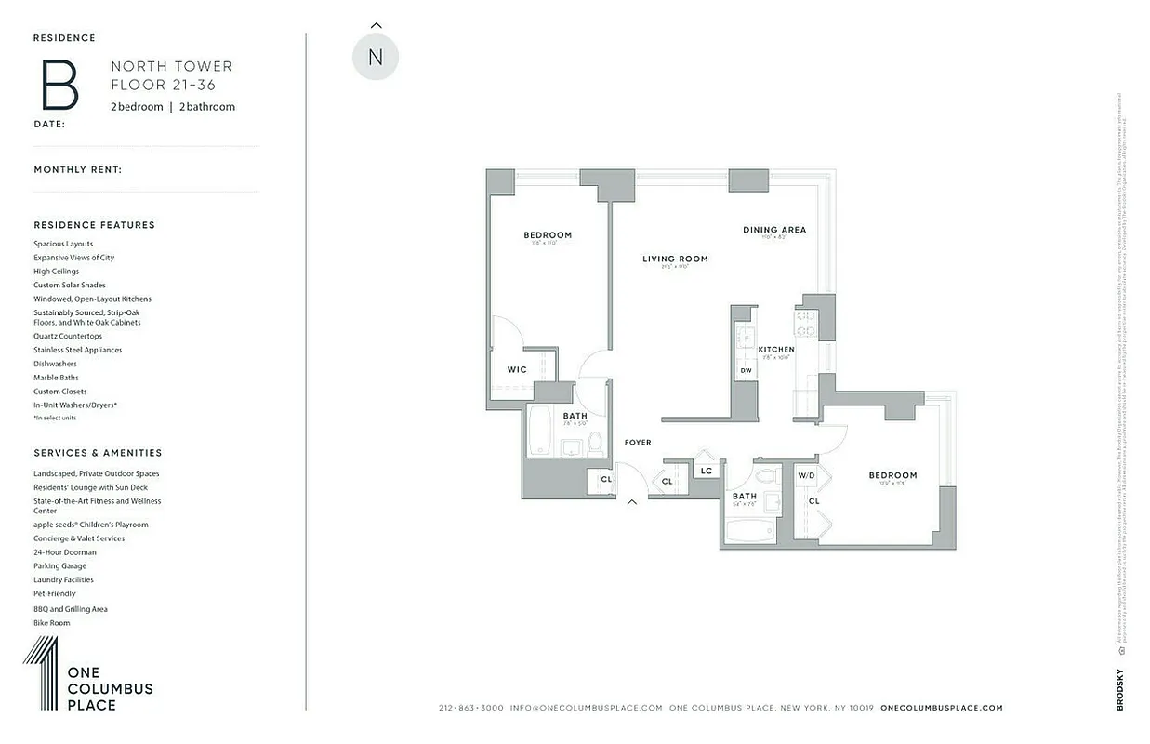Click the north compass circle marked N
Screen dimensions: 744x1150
pyautogui.click(x=376, y=58)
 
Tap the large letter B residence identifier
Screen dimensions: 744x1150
pyautogui.click(x=59, y=85)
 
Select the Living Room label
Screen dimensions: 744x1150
pyautogui.click(x=675, y=259)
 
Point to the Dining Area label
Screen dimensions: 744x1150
pyautogui.click(x=773, y=230)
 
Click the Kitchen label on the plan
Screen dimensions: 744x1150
pyautogui.click(x=776, y=350)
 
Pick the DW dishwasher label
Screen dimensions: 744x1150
pyautogui.click(x=746, y=371)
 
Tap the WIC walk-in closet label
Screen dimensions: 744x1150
pyautogui.click(x=517, y=370)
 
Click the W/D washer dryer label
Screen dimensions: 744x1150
pyautogui.click(x=806, y=476)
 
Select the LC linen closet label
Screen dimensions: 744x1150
pyautogui.click(x=707, y=472)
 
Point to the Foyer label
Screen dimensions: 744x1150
pyautogui.click(x=638, y=443)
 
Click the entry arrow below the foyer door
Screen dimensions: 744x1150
pyautogui.click(x=632, y=502)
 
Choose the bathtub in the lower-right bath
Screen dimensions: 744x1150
pyautogui.click(x=749, y=533)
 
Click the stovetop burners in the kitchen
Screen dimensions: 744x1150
pyautogui.click(x=806, y=323)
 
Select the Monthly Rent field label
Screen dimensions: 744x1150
pyautogui.click(x=78, y=170)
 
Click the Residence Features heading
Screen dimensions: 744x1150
pyautogui.click(x=95, y=225)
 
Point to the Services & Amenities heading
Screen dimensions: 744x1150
pyautogui.click(x=98, y=453)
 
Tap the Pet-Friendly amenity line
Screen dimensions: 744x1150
pyautogui.click(x=55, y=593)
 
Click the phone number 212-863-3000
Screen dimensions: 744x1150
pyautogui.click(x=471, y=708)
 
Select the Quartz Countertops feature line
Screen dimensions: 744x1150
pyautogui.click(x=68, y=336)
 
